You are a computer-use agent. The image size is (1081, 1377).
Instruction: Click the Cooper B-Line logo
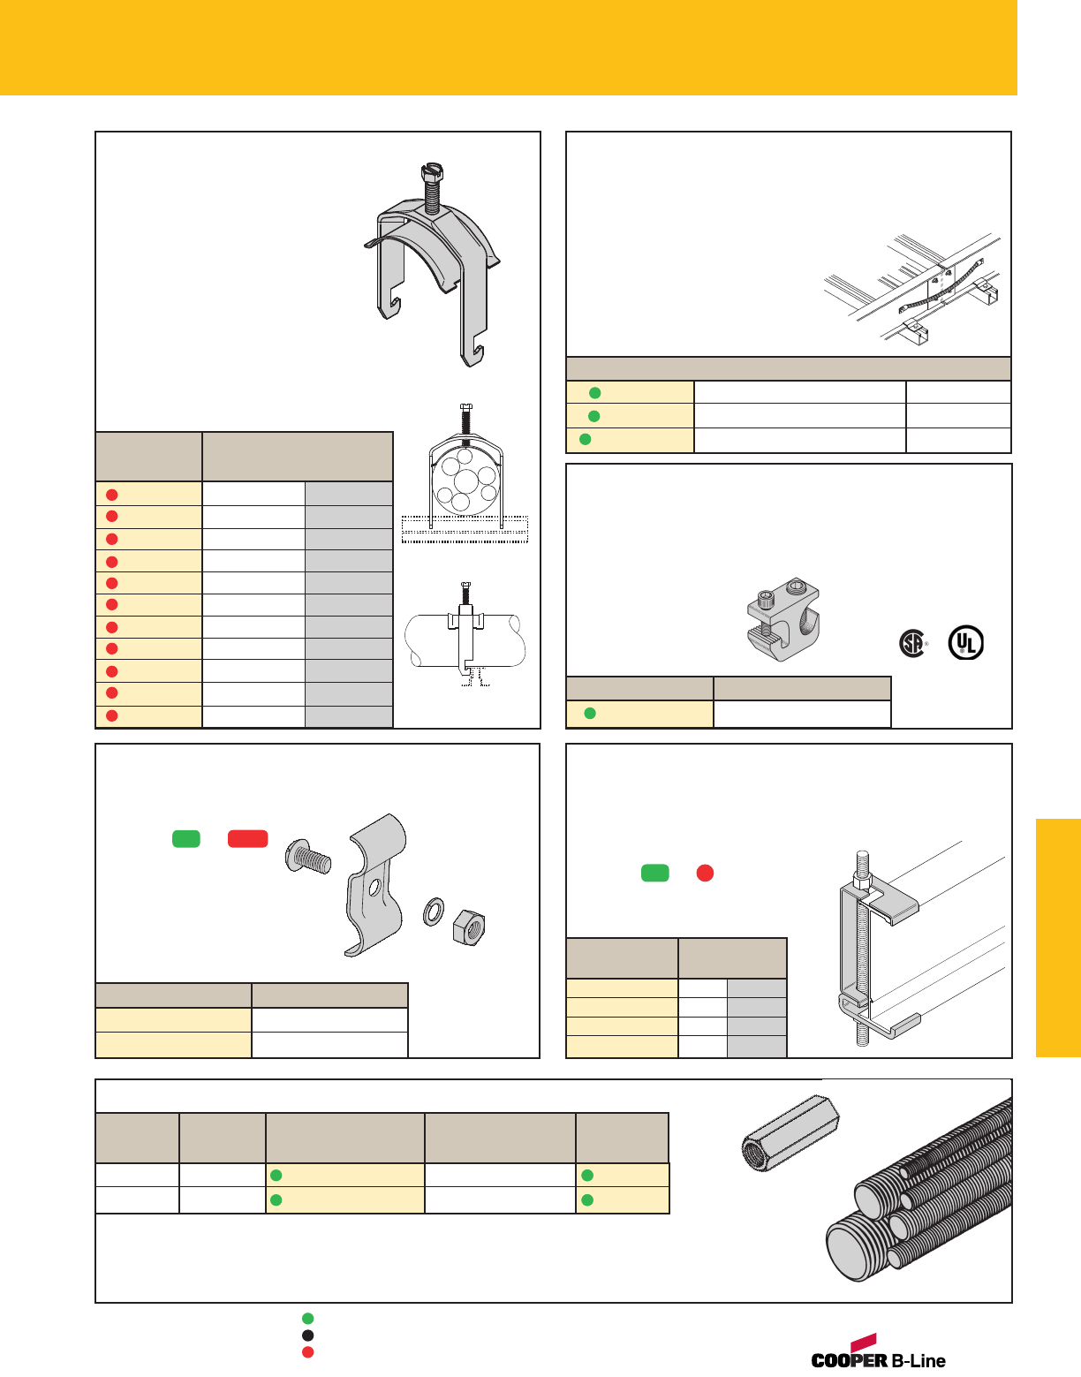point(878,1353)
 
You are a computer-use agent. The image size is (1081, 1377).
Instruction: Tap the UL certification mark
point(965,643)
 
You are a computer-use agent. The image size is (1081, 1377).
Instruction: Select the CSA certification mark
point(912,643)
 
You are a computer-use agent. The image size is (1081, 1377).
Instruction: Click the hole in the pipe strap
point(375,885)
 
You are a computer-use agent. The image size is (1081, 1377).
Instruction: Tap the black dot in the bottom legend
point(307,1335)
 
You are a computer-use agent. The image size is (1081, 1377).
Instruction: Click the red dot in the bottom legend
point(307,1352)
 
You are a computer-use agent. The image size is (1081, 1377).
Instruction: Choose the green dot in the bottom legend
point(307,1319)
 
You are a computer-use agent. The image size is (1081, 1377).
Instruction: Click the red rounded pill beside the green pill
point(248,839)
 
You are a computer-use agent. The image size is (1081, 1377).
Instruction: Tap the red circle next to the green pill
point(705,874)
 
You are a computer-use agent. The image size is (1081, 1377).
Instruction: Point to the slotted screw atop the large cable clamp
point(431,185)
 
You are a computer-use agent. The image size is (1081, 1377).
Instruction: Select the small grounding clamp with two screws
point(783,622)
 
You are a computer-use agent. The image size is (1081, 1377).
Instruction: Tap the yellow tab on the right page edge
point(1058,937)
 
